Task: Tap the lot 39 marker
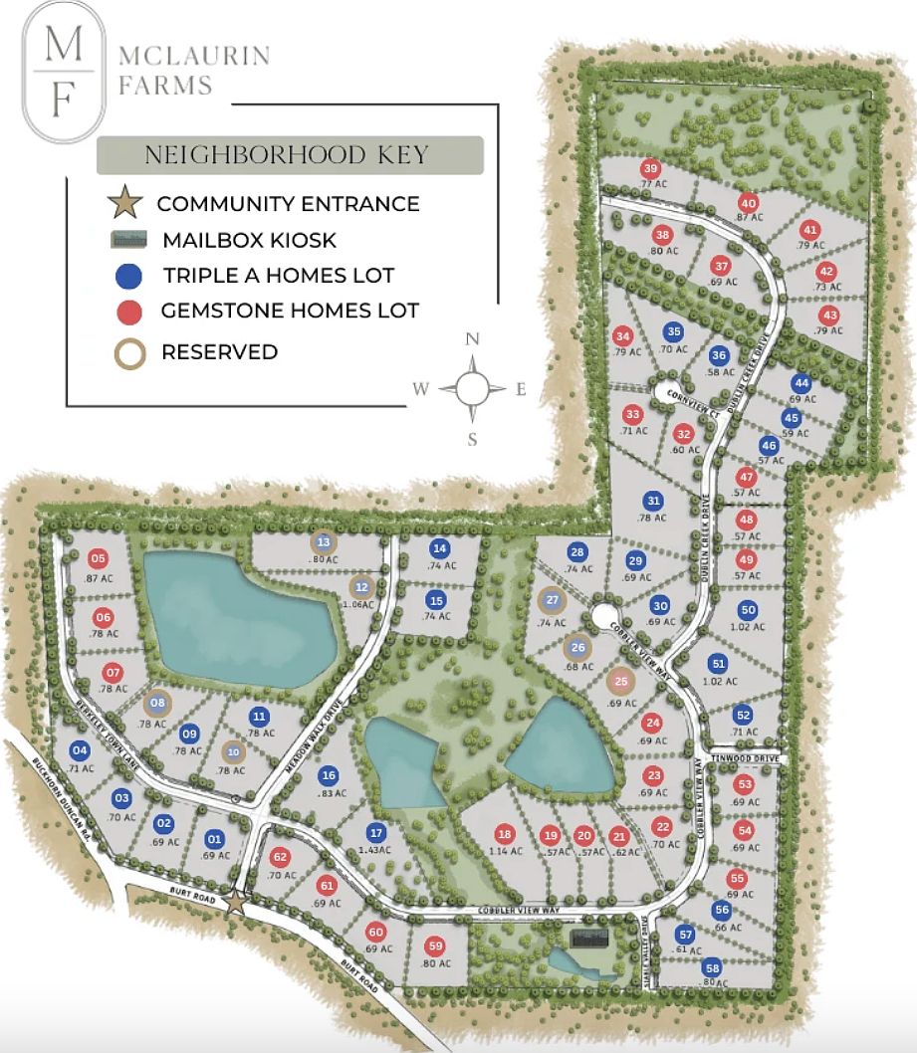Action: [651, 168]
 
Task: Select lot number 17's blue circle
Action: [375, 833]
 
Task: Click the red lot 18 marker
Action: [505, 834]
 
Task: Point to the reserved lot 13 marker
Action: [324, 542]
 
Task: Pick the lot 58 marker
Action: [712, 967]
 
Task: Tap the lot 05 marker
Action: [98, 558]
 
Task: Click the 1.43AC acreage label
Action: [375, 852]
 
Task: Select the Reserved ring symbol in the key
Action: [130, 352]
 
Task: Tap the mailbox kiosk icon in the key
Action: [130, 240]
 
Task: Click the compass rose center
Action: [473, 388]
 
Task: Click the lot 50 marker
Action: [749, 610]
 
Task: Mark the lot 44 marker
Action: [801, 383]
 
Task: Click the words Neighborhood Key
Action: [287, 155]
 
